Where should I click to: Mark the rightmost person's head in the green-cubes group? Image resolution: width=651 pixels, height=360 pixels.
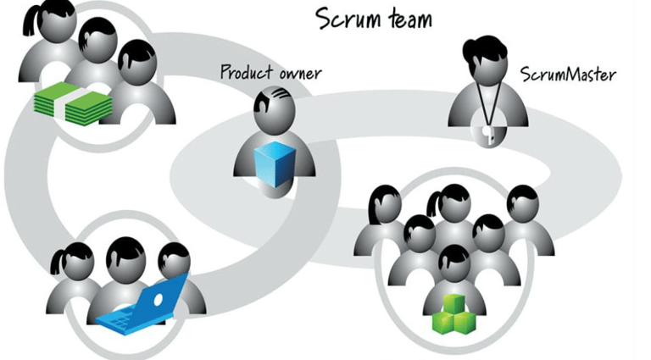(521, 203)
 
